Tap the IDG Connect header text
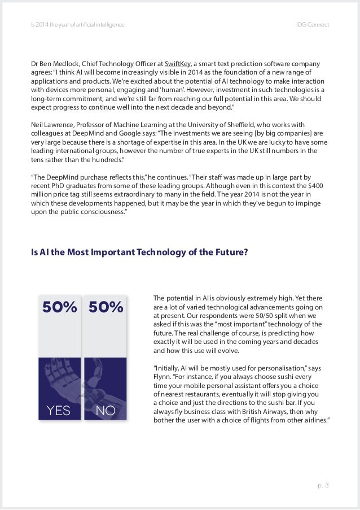pyautogui.click(x=313, y=25)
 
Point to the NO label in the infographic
pyautogui.click(x=106, y=411)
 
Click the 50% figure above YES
pyautogui.click(x=60, y=308)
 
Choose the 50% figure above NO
pyautogui.click(x=106, y=308)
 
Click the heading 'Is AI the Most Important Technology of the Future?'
pyautogui.click(x=139, y=252)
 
